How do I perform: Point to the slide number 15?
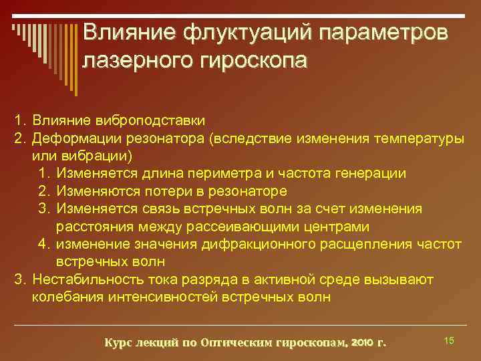click(449, 341)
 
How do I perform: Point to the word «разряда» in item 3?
click(212, 277)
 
